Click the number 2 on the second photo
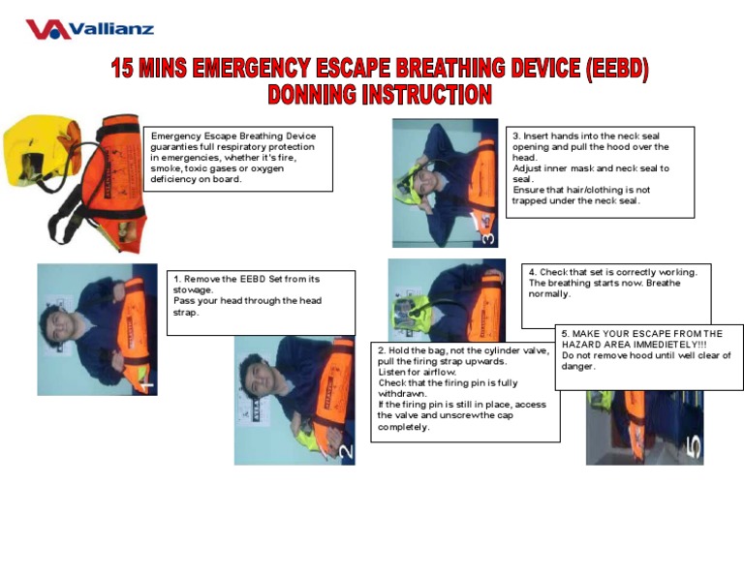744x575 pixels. click(x=346, y=451)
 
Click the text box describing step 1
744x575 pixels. click(x=260, y=302)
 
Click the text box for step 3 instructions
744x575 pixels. click(x=599, y=171)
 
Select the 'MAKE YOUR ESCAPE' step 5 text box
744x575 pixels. click(x=648, y=355)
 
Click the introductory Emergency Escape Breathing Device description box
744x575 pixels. click(x=237, y=158)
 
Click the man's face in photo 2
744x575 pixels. click(x=255, y=372)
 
